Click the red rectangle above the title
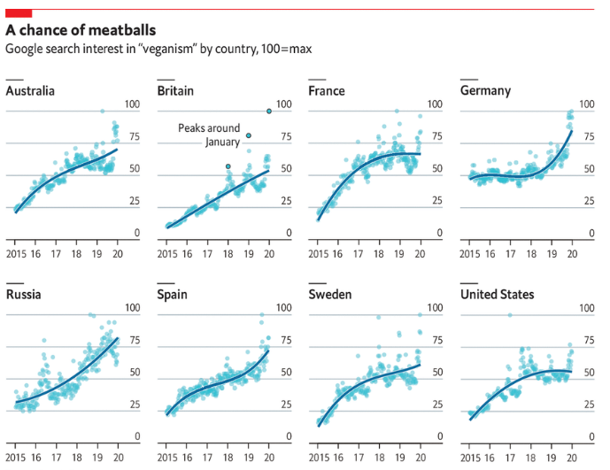[19, 12]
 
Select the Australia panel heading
[30, 91]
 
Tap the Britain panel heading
[174, 91]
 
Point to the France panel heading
[326, 91]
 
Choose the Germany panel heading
[485, 91]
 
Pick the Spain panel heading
[172, 294]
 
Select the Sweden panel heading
[329, 294]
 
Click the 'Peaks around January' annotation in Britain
[208, 135]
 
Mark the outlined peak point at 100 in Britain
[269, 112]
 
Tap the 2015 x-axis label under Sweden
[320, 458]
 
